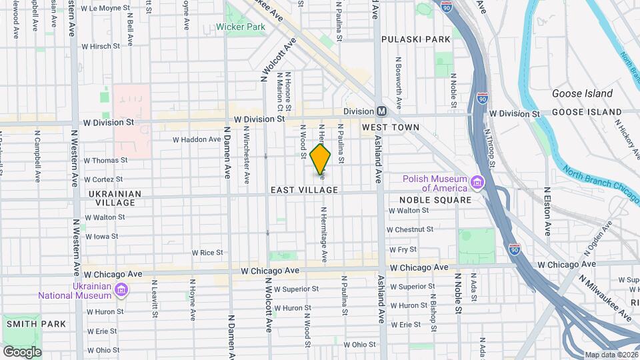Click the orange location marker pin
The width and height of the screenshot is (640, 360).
[x=321, y=161]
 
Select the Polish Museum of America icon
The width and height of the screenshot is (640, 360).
[x=477, y=183]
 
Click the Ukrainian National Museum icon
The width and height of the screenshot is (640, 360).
[x=121, y=290]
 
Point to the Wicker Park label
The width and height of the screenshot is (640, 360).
[x=241, y=27]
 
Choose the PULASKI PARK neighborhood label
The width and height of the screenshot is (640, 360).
[x=416, y=39]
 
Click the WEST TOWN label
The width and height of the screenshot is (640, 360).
[x=391, y=127]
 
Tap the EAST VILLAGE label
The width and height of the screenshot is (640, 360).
[x=305, y=190]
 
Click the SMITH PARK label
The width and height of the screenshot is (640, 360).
[x=36, y=324]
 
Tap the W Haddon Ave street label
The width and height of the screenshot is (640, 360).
[x=197, y=140]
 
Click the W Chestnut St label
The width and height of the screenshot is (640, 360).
[x=411, y=229]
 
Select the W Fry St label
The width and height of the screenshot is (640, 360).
[x=403, y=249]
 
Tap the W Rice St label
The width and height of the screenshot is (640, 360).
[x=207, y=253]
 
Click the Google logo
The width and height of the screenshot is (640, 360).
[x=22, y=351]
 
